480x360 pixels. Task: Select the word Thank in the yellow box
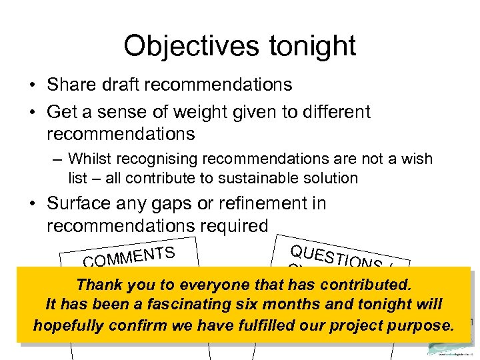coord(99,285)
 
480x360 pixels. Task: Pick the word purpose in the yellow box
coord(420,325)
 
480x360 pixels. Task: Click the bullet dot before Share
coord(32,85)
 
